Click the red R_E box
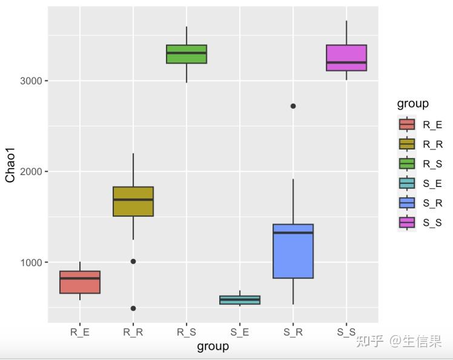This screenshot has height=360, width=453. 80,282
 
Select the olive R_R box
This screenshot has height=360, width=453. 133,201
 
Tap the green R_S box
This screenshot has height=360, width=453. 187,54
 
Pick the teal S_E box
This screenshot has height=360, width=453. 240,299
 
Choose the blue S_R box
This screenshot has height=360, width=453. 293,251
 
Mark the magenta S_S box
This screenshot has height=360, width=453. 346,57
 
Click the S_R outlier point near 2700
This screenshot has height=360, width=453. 293,106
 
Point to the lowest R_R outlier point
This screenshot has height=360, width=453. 133,308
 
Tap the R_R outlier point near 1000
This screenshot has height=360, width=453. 133,261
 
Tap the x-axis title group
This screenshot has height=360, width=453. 213,346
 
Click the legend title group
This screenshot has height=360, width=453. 412,103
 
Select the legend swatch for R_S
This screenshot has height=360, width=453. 407,163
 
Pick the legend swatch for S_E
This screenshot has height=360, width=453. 407,183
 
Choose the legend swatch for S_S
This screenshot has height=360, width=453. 407,223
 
